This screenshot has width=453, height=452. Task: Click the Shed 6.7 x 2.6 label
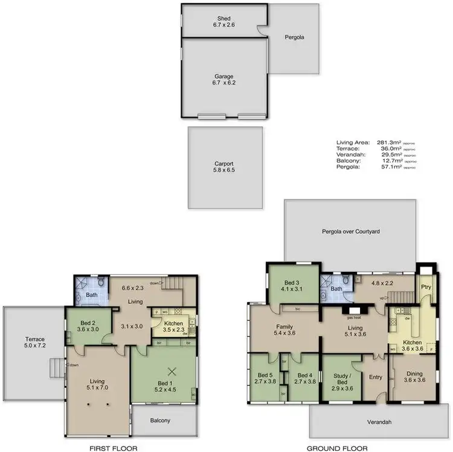tap(224, 22)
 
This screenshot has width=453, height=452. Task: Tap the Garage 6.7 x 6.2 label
tap(224, 80)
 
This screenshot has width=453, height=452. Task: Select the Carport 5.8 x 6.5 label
tap(224, 167)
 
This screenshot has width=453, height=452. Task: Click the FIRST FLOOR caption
tap(112, 448)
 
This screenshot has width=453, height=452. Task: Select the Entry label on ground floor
tap(376, 378)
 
